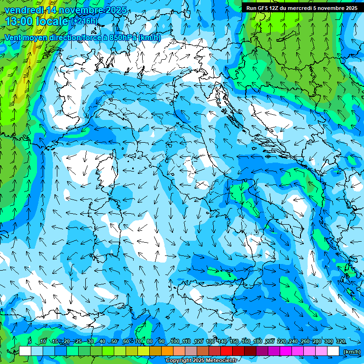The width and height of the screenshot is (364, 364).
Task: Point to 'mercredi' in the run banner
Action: tap(298, 8)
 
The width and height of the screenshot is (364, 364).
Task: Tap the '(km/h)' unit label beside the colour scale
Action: tap(351, 352)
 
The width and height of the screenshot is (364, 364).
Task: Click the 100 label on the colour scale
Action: tap(175, 342)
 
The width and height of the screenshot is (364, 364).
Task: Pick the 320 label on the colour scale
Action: tap(340, 342)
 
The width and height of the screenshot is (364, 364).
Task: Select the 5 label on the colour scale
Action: tap(29, 342)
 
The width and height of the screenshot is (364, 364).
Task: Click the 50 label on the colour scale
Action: tap(114, 342)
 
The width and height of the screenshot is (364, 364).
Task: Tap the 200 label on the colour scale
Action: tap(270, 342)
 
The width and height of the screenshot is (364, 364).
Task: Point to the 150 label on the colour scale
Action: tap(234, 342)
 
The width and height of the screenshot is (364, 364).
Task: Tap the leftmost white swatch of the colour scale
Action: tap(25, 351)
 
